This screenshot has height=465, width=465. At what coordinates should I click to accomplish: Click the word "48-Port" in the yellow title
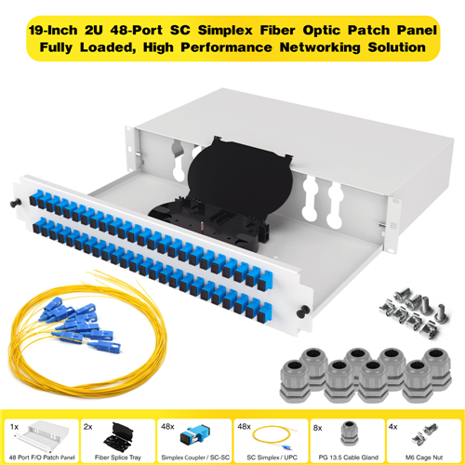pos(137,31)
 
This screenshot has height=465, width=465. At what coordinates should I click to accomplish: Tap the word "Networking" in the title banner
pos(320,47)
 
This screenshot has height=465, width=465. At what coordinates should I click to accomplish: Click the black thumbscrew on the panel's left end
pos(15,203)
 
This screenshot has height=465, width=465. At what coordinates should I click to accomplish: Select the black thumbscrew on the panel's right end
pos(303,312)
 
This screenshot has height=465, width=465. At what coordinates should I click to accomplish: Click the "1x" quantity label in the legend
pos(14,427)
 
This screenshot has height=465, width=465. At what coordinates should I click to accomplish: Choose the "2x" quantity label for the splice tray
pos(88,427)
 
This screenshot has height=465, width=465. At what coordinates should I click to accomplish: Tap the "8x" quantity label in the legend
pos(318,428)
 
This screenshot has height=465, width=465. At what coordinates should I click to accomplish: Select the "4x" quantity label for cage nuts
pos(393,427)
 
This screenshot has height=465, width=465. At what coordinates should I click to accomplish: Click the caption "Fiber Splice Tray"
pos(118,458)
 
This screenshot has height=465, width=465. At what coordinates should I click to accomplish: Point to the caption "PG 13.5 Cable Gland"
pos(349,458)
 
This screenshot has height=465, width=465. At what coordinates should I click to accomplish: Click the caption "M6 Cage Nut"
pos(424,458)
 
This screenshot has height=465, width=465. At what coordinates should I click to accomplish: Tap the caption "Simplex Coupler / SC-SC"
pos(195,458)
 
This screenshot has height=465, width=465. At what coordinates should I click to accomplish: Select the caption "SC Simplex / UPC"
pos(272,458)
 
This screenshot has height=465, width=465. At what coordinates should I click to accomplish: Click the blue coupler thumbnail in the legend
pos(195,434)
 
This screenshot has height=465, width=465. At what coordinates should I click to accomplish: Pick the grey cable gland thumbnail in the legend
pos(350,433)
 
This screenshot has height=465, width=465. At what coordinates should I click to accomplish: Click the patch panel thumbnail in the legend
pos(42,434)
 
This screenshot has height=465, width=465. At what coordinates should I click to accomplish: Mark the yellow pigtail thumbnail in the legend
pos(272,438)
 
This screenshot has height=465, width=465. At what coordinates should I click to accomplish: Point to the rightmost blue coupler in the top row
pos(265,281)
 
